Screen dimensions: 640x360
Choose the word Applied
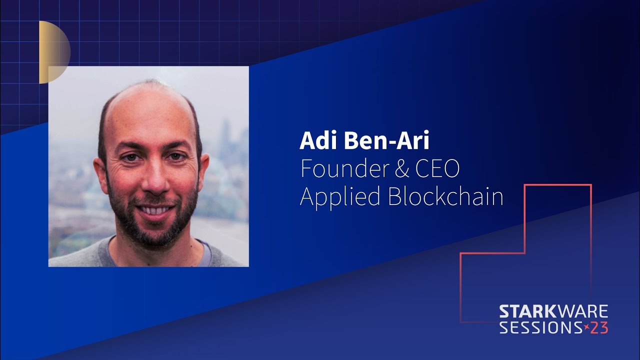(340, 197)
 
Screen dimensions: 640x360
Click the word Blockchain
(445, 196)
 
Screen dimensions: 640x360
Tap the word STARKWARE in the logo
(553, 311)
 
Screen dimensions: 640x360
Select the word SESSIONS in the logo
(540, 327)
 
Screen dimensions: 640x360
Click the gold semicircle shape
(54, 52)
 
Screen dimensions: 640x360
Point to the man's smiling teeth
(155, 210)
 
